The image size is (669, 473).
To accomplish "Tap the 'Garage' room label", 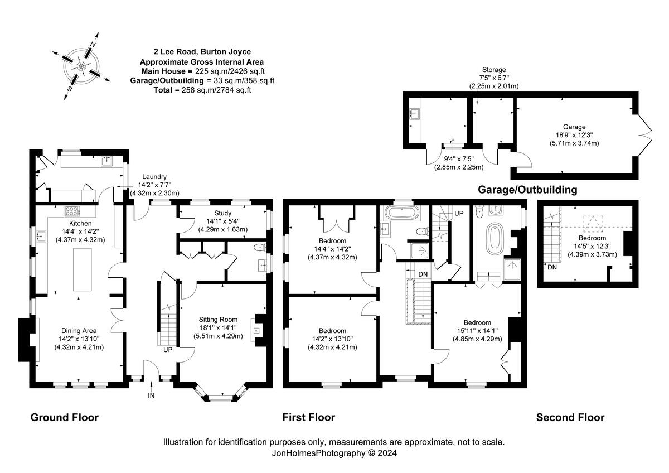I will click(574, 127).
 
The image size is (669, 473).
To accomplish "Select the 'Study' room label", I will click(222, 213).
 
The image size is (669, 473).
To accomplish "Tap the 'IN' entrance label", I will click(151, 395).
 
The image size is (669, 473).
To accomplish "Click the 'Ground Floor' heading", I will click(64, 417).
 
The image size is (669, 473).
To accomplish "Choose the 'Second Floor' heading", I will click(570, 417).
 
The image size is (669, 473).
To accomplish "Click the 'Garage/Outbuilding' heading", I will click(527, 190).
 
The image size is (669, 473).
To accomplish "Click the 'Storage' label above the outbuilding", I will click(493, 70).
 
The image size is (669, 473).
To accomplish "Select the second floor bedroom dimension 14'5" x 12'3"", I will click(593, 246).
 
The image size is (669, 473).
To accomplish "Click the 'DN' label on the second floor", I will click(551, 268).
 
